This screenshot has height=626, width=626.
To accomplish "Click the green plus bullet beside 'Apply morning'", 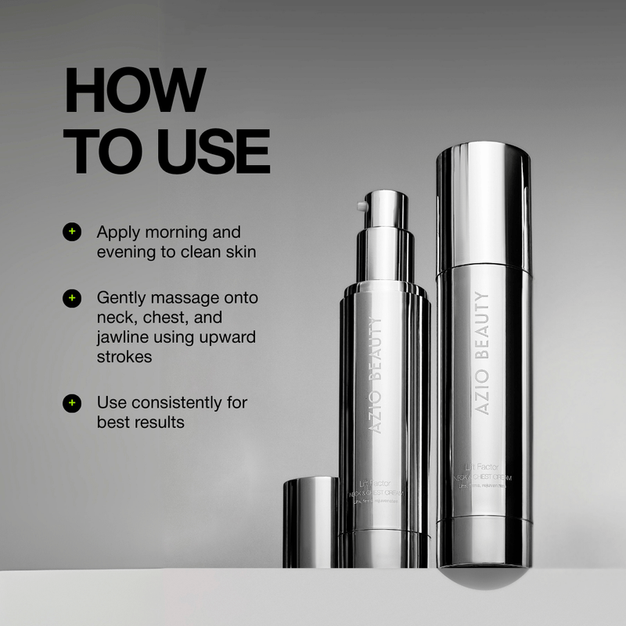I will [x=72, y=232].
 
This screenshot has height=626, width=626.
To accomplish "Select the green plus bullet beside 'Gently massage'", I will [x=72, y=298].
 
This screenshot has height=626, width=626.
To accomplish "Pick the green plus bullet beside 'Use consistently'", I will [x=72, y=403].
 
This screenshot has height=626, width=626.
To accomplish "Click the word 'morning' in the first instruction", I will [x=178, y=232].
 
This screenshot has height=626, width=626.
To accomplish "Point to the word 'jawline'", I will [x=124, y=336].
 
